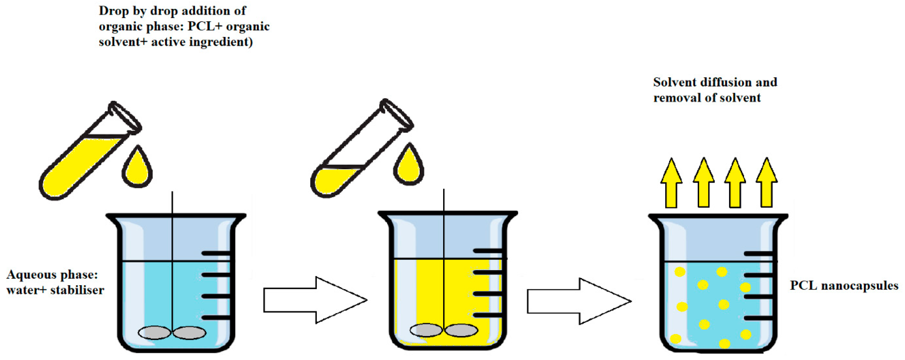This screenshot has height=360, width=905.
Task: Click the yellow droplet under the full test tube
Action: click(x=137, y=169)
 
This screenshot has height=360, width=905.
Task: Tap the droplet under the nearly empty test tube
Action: click(x=409, y=167)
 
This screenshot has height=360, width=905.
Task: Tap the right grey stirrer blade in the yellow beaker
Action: click(x=461, y=330)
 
